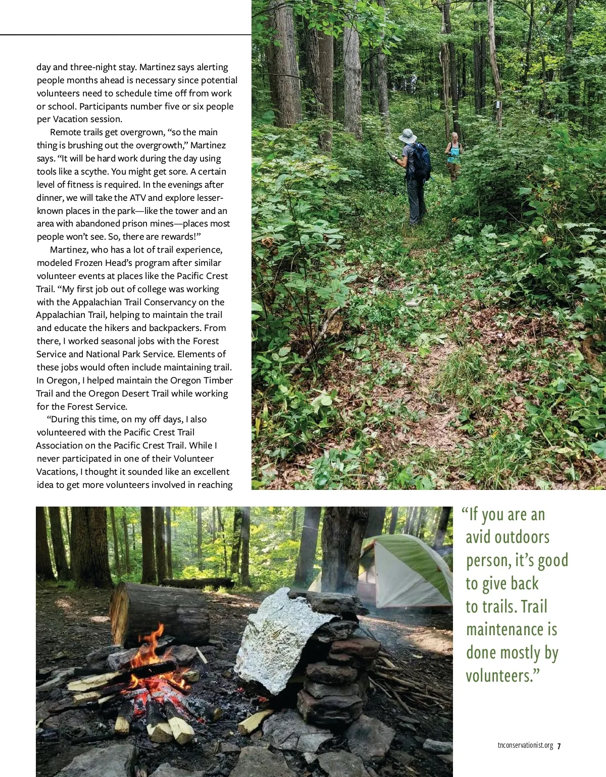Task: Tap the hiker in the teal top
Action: tap(454, 154)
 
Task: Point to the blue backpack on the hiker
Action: tap(422, 160)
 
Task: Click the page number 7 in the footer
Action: tap(560, 746)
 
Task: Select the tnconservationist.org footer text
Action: tap(525, 746)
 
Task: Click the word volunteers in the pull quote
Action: tap(500, 676)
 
